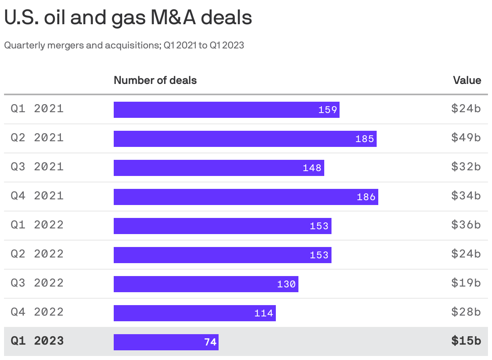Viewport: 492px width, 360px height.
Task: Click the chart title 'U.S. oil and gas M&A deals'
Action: coord(128,18)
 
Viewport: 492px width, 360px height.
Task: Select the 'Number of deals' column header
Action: coord(155,80)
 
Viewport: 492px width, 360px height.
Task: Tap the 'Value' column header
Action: coord(467,80)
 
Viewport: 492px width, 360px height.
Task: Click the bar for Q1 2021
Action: coord(226,110)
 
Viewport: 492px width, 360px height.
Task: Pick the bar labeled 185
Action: coord(245,139)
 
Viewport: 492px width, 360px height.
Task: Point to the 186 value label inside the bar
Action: coord(366,197)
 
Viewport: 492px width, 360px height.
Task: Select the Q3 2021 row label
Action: coord(37,167)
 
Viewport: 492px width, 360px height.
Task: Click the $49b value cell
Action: coord(466,138)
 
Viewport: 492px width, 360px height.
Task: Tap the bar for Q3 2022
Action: coord(206,284)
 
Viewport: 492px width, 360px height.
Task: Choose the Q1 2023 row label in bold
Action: coord(37,341)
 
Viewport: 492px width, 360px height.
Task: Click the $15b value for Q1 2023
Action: coord(466,341)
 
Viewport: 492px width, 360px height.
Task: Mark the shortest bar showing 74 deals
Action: coord(166,342)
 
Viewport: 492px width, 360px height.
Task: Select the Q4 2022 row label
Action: coord(37,312)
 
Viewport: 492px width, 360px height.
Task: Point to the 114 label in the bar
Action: coord(264,313)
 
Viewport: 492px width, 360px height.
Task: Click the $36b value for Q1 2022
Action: coord(466,225)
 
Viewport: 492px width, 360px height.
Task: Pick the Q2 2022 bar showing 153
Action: coord(222,255)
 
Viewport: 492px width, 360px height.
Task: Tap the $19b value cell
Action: coord(466,283)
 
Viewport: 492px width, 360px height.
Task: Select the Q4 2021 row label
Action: coord(37,196)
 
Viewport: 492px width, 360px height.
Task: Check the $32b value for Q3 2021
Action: coord(466,167)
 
